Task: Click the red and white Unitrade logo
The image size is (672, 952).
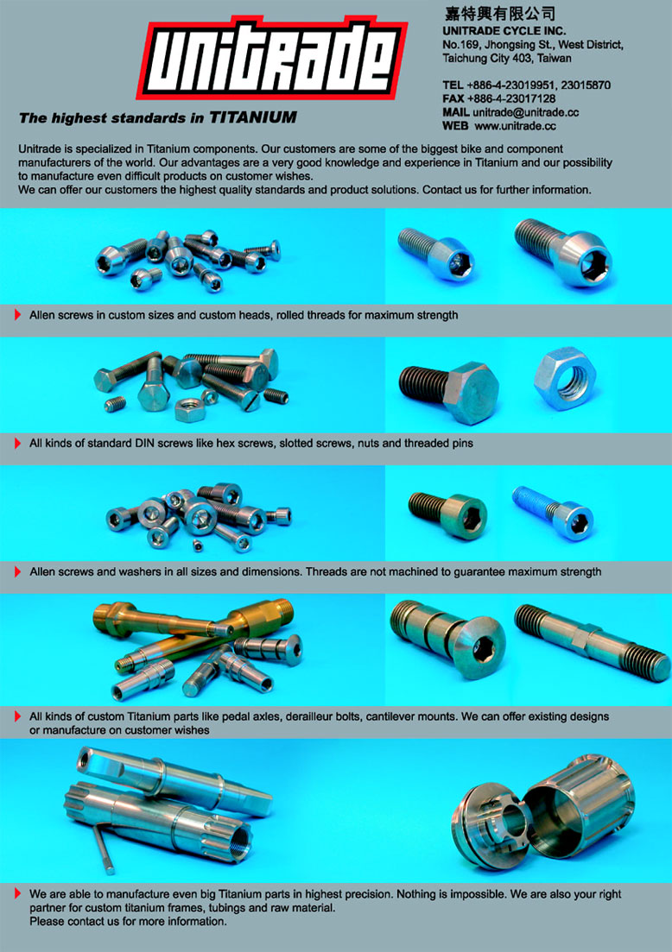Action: point(271,60)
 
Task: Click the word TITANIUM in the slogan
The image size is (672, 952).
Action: point(253,117)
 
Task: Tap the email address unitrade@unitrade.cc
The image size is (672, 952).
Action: point(525,112)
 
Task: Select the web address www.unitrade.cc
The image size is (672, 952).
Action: point(516,126)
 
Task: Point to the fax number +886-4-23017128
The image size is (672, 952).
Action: point(511,98)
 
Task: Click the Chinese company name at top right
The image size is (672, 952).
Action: point(499,13)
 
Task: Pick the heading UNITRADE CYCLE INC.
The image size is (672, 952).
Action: point(504,30)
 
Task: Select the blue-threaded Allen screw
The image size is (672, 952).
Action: point(552,514)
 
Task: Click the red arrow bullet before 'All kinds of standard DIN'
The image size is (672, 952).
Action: point(17,444)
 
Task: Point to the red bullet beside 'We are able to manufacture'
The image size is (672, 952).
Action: point(17,893)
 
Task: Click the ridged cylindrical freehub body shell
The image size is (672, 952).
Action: point(580,805)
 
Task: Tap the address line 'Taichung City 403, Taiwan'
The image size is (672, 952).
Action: point(507,59)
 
